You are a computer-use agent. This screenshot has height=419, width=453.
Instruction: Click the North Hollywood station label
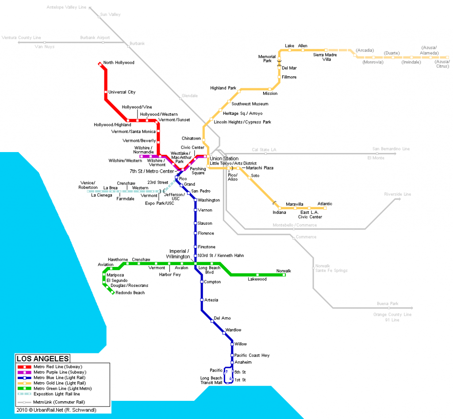point(119,63)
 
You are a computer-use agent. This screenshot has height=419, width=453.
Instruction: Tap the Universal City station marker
point(106,92)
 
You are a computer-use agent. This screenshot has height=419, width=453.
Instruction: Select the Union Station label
point(224,158)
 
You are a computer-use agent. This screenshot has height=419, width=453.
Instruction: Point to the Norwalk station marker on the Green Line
point(284,275)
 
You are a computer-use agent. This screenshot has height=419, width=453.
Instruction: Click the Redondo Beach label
point(130,293)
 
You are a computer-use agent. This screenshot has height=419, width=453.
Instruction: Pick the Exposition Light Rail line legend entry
point(57,394)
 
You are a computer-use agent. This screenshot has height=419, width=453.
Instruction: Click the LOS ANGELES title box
point(42,358)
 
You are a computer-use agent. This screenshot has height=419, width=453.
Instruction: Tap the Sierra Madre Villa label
point(325,57)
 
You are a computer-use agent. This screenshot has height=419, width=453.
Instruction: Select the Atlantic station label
point(325,204)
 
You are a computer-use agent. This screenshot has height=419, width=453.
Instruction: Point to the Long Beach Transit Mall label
point(211,380)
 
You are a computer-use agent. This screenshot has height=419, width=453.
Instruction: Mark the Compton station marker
point(202,282)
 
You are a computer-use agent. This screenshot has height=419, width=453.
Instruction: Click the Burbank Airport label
point(95,38)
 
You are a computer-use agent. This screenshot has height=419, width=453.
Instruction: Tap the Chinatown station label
point(191,139)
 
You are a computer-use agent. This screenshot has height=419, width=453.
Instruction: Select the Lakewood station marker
point(258,275)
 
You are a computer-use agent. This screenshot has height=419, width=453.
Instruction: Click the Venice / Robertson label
point(89,185)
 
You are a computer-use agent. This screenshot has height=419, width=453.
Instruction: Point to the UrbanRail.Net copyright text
point(56,410)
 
